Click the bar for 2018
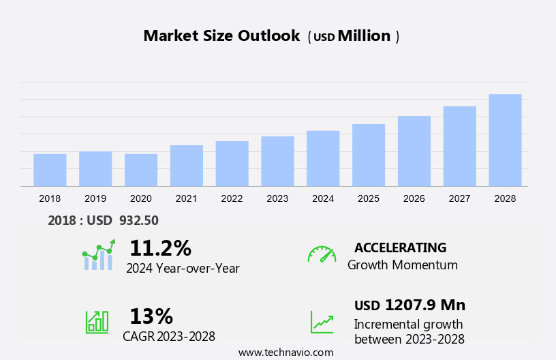point(50,170)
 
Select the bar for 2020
point(141,170)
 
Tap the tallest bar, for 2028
point(505,140)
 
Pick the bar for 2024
point(323,158)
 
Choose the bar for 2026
point(414,151)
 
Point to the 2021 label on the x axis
point(186,198)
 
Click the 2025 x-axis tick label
point(369,198)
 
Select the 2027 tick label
point(460,198)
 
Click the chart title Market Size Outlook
point(221,36)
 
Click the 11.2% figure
point(160,248)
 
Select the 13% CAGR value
point(151,316)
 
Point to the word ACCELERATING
point(400,247)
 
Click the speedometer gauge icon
point(322,254)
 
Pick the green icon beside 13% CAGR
point(97,322)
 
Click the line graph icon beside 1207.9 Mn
point(322,322)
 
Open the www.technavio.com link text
point(286,352)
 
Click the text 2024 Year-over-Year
point(183,269)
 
